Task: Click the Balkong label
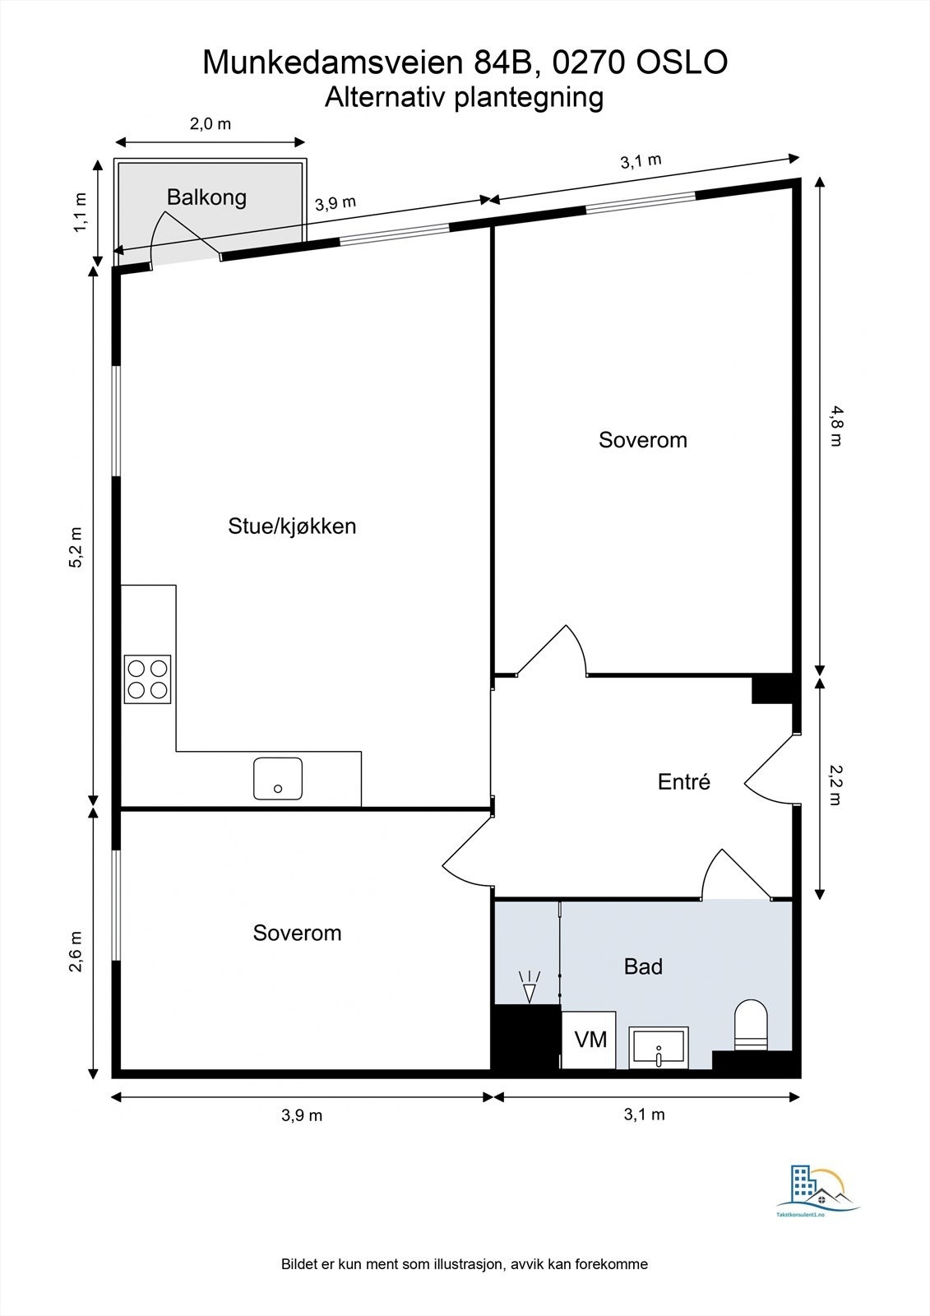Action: [206, 197]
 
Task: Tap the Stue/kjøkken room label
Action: [292, 526]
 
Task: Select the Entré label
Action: [683, 781]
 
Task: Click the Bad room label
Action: [643, 966]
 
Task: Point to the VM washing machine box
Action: [590, 1040]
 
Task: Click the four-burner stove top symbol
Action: [148, 679]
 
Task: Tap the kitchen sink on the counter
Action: [278, 779]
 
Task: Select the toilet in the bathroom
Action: [750, 1026]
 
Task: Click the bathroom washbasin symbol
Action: [659, 1048]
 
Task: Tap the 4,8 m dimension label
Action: [835, 428]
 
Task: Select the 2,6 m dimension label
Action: [76, 952]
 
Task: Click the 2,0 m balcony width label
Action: [211, 124]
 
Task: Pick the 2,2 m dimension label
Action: [835, 785]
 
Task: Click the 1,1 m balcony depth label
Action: [80, 212]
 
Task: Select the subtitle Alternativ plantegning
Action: [464, 97]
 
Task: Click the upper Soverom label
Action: [642, 440]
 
